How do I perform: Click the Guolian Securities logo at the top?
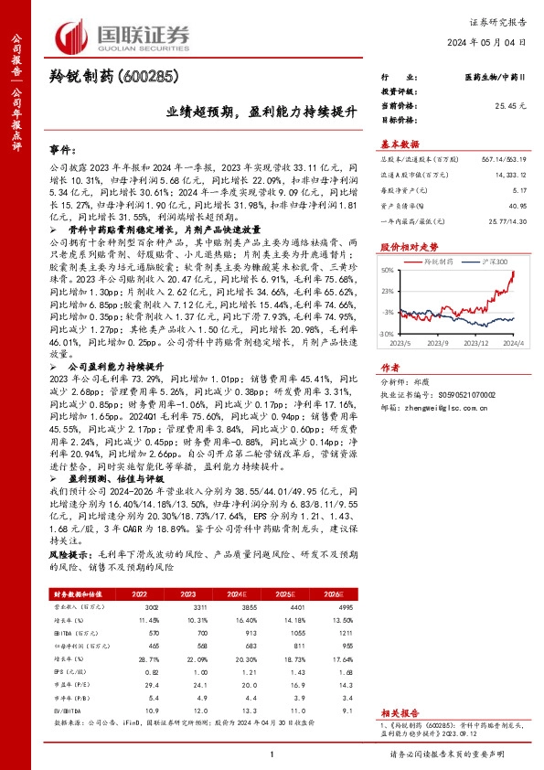click(123, 36)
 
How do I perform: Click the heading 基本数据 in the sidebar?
click(400, 144)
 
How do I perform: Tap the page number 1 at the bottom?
click(272, 754)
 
